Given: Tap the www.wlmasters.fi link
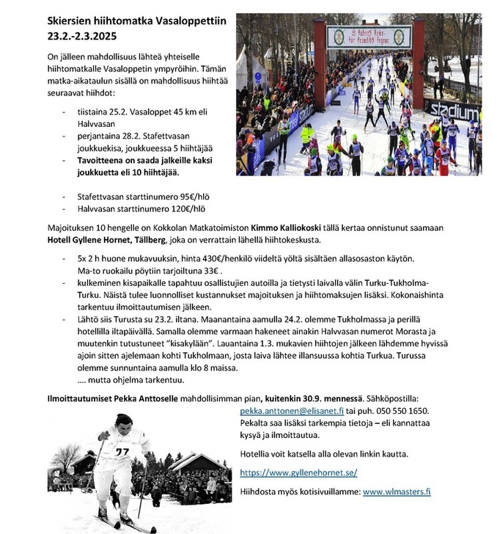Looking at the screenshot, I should (x=397, y=491).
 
